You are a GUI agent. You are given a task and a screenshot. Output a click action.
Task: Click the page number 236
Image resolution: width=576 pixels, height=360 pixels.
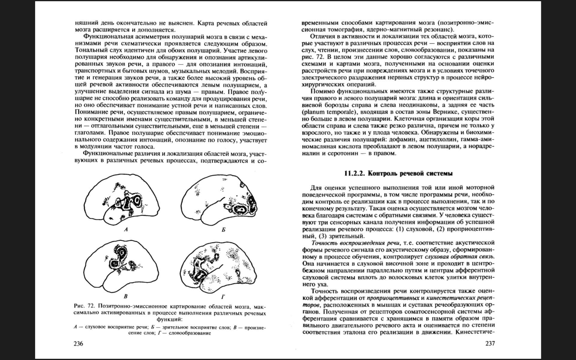pyautogui.click(x=78, y=344)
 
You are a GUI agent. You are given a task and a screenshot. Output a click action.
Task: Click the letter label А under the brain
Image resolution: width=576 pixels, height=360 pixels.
pyautogui.click(x=126, y=230)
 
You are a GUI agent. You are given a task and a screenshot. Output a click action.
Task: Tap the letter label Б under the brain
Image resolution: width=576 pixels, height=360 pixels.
pyautogui.click(x=223, y=230)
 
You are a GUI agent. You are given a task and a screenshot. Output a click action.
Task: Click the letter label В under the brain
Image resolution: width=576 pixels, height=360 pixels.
pyautogui.click(x=126, y=297)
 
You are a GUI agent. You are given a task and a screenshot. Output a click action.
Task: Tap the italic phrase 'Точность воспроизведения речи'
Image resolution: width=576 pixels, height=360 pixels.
pyautogui.click(x=356, y=243)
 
